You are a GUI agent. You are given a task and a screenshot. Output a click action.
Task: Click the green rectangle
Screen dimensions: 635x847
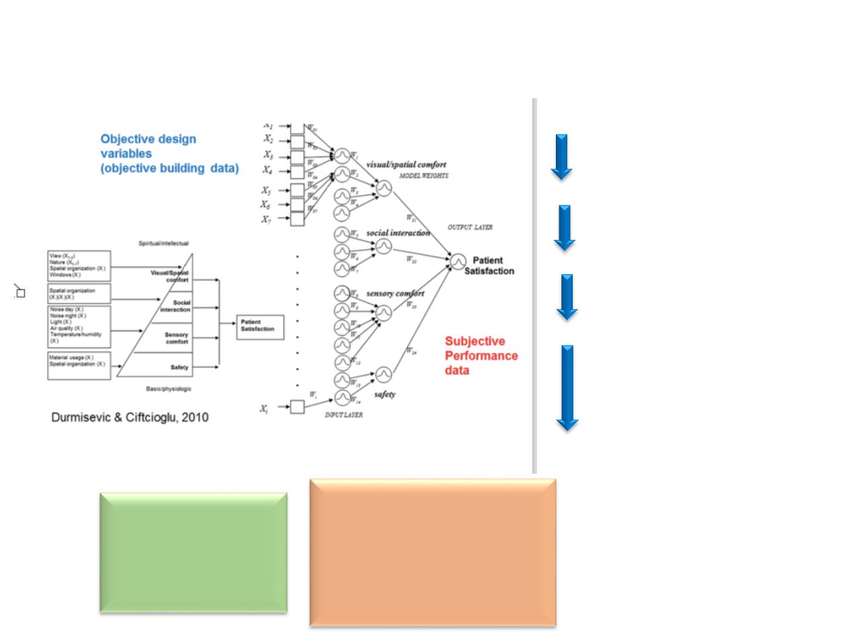pyautogui.click(x=194, y=552)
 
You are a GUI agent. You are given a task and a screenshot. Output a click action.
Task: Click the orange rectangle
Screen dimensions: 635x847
pyautogui.click(x=432, y=552)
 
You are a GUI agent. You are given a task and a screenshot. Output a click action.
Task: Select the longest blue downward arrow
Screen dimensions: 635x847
pyautogui.click(x=567, y=387)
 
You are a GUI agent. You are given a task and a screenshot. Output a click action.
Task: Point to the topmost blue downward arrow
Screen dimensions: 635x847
pyautogui.click(x=561, y=157)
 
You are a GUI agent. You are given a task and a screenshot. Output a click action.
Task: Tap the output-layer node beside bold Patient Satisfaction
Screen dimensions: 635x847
pyautogui.click(x=458, y=261)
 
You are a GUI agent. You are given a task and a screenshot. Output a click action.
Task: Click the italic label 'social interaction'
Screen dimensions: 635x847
pyautogui.click(x=398, y=233)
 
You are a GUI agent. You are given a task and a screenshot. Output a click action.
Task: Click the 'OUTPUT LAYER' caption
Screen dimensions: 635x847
pyautogui.click(x=470, y=228)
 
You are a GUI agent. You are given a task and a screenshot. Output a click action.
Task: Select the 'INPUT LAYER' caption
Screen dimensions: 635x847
pyautogui.click(x=344, y=415)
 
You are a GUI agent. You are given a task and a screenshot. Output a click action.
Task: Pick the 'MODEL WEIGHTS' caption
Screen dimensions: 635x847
pyautogui.click(x=424, y=176)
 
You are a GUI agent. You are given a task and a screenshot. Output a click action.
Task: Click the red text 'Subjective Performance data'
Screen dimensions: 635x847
pyautogui.click(x=481, y=355)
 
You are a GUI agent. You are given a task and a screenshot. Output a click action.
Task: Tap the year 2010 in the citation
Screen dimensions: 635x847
pyautogui.click(x=194, y=417)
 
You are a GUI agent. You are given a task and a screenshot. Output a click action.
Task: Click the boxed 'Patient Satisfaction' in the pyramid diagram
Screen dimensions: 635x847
pyautogui.click(x=260, y=327)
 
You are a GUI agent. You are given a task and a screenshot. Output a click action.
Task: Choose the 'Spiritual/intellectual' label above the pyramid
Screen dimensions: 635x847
pyautogui.click(x=163, y=243)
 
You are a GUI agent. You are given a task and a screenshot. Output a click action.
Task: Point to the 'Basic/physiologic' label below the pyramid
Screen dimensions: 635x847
pyautogui.click(x=169, y=389)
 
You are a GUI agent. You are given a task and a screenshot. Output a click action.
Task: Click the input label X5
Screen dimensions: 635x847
pyautogui.click(x=267, y=190)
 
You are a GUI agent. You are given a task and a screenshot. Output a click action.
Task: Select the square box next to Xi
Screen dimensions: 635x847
pyautogui.click(x=297, y=407)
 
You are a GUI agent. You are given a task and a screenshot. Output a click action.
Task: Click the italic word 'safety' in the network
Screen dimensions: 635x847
pyautogui.click(x=385, y=394)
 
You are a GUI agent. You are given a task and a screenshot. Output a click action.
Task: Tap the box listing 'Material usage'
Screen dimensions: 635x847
pyautogui.click(x=79, y=364)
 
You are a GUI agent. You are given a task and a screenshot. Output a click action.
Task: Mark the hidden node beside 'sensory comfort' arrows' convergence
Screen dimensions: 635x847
pyautogui.click(x=383, y=312)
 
